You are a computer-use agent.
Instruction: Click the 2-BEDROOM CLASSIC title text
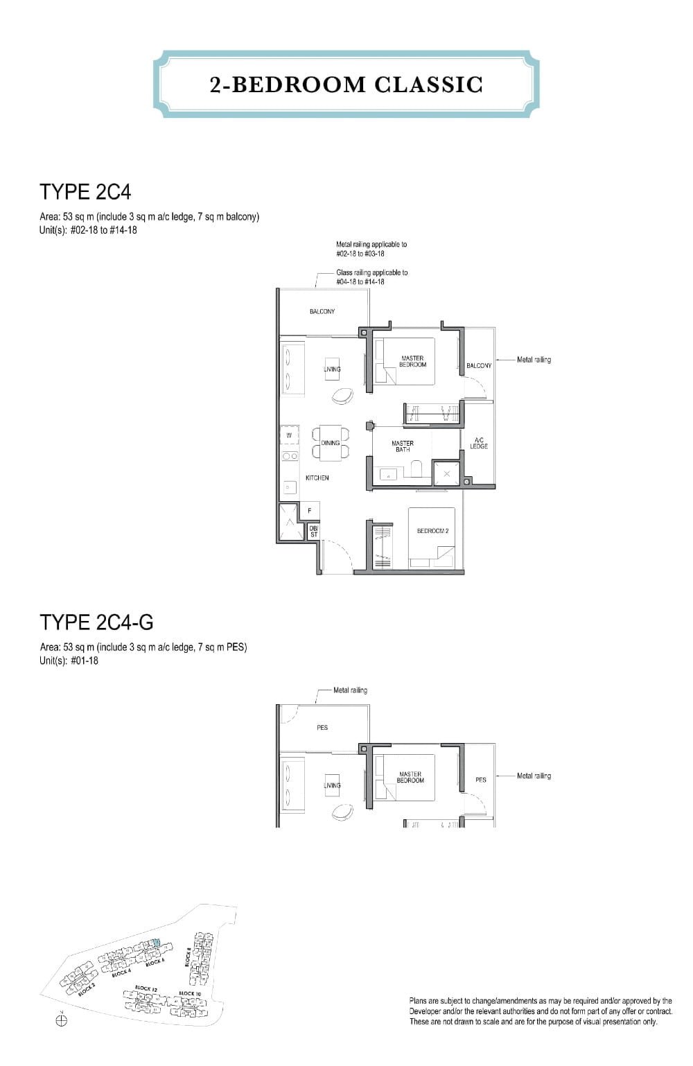click(x=346, y=85)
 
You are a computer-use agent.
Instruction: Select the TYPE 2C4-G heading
click(x=96, y=622)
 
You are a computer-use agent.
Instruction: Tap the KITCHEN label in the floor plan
click(x=317, y=478)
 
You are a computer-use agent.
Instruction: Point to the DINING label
click(x=331, y=443)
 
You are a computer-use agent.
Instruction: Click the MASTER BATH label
click(x=402, y=446)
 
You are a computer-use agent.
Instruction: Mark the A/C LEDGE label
click(x=479, y=443)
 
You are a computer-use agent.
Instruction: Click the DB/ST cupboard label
click(x=313, y=532)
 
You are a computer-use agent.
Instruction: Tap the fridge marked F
click(x=309, y=512)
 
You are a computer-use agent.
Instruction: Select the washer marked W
click(x=289, y=435)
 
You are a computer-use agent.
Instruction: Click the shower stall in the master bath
click(x=447, y=473)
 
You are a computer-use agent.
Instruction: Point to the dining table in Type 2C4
click(x=331, y=443)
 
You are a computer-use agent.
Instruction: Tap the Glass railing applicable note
click(x=371, y=277)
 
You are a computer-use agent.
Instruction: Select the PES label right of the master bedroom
click(x=481, y=780)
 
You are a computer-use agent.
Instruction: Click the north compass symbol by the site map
click(x=61, y=1020)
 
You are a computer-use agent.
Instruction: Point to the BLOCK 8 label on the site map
click(x=188, y=956)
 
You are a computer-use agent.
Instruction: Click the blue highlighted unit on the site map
click(x=156, y=943)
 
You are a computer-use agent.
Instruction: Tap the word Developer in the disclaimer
click(x=429, y=1011)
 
